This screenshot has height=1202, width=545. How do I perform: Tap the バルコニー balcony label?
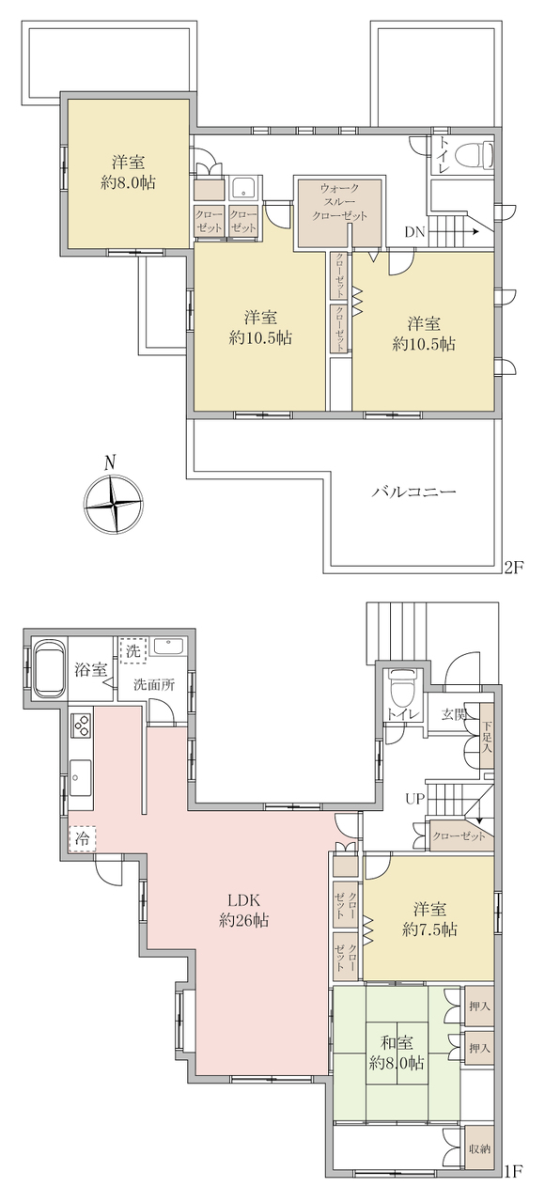(414, 492)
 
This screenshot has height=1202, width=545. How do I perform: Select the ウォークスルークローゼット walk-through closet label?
(339, 202)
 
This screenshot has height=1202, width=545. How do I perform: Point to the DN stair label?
(414, 232)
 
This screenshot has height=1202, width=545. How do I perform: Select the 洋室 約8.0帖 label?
(128, 172)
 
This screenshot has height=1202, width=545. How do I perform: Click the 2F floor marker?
(512, 568)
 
